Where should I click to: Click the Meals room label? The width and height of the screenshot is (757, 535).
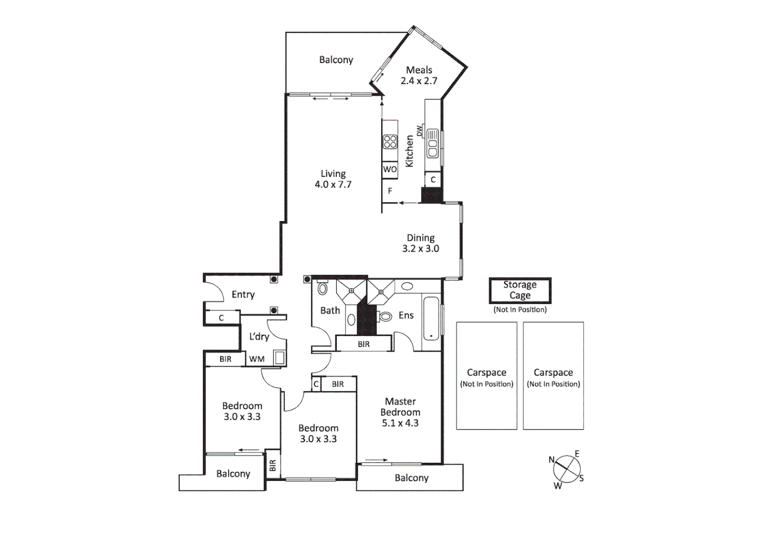[x=419, y=70]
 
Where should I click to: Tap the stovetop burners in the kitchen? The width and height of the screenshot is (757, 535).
[x=390, y=142]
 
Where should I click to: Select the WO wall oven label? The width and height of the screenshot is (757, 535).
[x=389, y=169]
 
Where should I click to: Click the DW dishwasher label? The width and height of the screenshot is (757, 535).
[x=420, y=131]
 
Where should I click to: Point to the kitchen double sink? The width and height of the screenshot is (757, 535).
[x=433, y=144]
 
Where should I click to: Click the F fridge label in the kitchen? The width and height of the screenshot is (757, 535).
[x=390, y=191]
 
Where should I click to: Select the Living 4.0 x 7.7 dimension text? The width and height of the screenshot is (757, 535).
[x=333, y=185]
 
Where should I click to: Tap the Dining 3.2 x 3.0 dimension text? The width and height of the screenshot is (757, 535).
[x=421, y=249]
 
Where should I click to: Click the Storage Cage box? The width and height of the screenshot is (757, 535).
[x=520, y=290]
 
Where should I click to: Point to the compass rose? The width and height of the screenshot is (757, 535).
[x=567, y=469]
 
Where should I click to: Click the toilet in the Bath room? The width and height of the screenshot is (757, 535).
[x=323, y=288]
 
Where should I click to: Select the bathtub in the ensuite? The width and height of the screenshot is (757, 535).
[x=431, y=318]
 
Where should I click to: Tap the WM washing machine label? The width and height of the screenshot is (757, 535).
[x=257, y=359]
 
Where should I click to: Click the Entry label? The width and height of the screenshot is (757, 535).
[x=243, y=295]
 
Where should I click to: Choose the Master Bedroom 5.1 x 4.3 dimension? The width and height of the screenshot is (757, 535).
[x=400, y=423]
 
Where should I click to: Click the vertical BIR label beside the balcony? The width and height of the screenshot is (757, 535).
[x=272, y=465]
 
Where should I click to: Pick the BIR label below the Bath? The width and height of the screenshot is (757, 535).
[x=364, y=344]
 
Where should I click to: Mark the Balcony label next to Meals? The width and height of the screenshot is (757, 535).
[x=336, y=60]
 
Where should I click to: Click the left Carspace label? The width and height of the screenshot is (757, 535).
[x=487, y=373]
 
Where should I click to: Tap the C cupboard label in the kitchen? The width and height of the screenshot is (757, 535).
[x=433, y=180]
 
